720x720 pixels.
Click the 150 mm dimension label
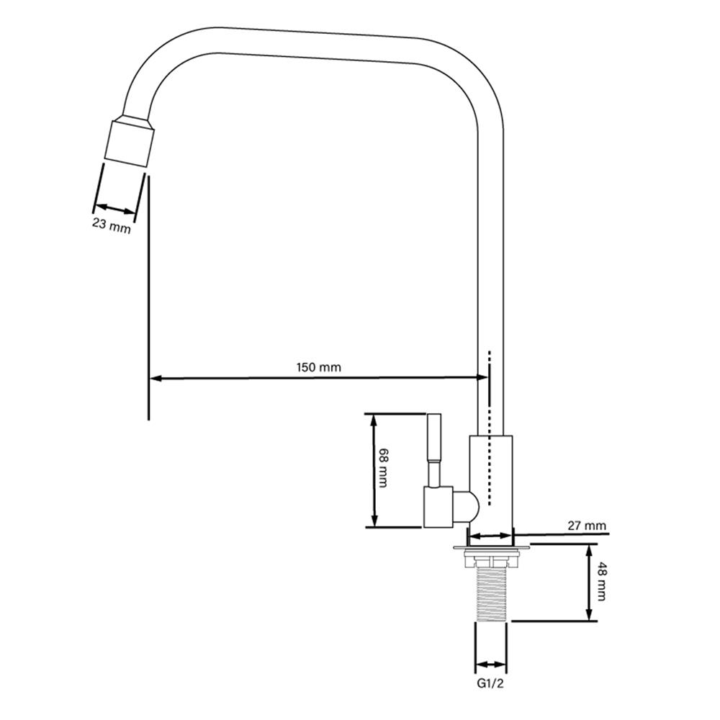(319, 367)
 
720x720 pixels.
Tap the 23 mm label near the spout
(112, 225)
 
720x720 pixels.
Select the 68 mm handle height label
(383, 468)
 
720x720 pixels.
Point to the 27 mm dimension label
(587, 526)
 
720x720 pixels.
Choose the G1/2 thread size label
(490, 684)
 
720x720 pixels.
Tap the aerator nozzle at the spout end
(129, 143)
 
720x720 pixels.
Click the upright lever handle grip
(434, 438)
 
